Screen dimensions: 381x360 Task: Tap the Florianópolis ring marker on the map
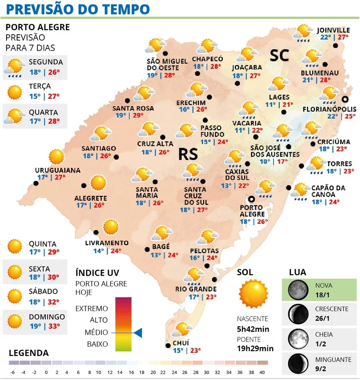(345, 99)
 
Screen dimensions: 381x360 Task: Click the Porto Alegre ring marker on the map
(251, 199)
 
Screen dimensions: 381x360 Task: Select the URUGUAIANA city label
(58, 170)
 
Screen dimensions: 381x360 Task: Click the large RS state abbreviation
(188, 154)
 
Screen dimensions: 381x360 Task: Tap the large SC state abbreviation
(279, 55)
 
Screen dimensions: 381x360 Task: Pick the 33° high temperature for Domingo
(54, 325)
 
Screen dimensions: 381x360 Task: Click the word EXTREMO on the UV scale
(92, 308)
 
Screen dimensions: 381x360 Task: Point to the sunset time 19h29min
(255, 348)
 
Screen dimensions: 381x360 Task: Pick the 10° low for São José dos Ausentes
(265, 162)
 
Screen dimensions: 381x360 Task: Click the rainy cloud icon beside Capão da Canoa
(299, 191)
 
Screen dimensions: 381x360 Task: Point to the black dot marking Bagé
(147, 249)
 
